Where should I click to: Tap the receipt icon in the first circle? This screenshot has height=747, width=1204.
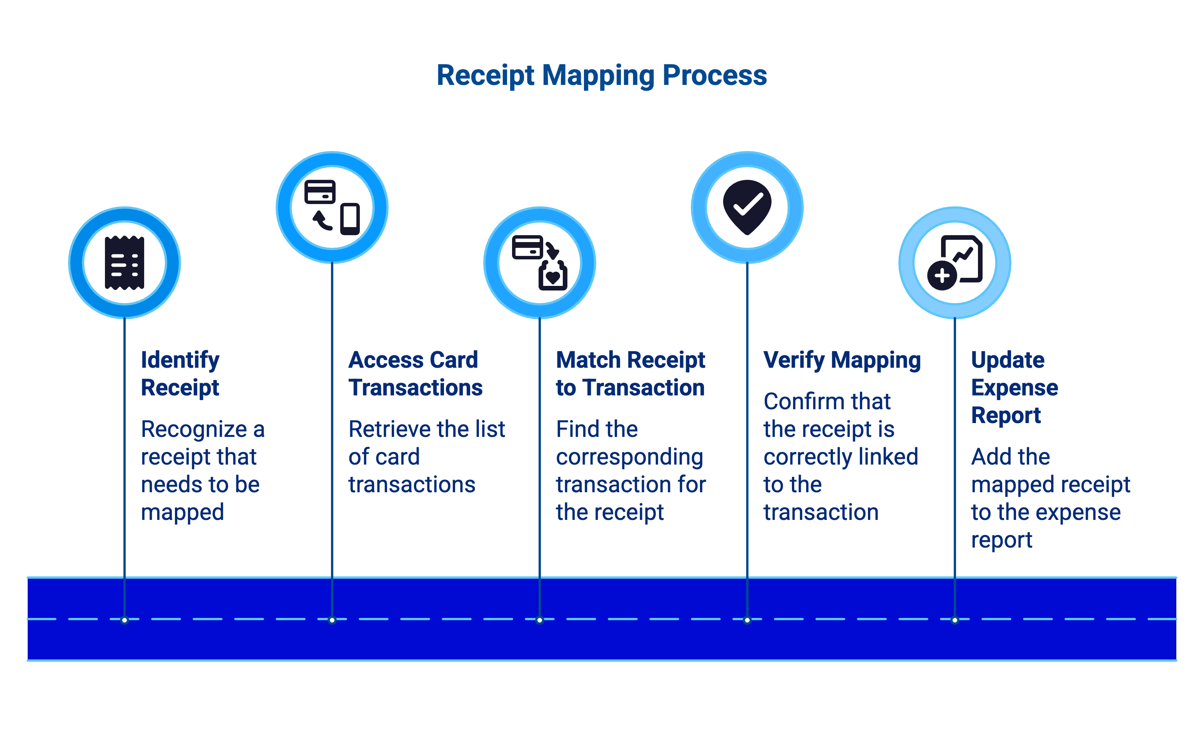tap(125, 263)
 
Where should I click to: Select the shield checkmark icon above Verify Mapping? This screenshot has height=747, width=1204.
tap(747, 206)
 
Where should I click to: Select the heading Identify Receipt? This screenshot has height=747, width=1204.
tap(180, 373)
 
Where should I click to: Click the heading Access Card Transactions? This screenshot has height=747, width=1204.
tap(415, 373)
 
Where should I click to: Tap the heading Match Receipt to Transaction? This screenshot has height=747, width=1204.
tap(630, 373)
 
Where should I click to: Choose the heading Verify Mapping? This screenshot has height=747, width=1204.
tap(842, 360)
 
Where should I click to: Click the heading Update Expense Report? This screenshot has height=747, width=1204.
tap(1014, 387)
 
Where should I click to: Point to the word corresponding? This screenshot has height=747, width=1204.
tap(629, 457)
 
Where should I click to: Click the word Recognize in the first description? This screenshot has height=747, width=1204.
tap(194, 429)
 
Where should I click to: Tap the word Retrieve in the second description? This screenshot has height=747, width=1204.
tap(384, 429)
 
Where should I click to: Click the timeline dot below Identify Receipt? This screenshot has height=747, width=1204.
tap(125, 620)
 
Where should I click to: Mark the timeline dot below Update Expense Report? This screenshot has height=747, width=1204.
tap(955, 620)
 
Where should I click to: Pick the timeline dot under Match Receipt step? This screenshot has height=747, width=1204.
tap(540, 620)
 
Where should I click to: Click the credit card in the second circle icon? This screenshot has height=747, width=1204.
tap(320, 192)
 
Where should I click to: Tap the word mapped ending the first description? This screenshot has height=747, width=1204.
tap(182, 512)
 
